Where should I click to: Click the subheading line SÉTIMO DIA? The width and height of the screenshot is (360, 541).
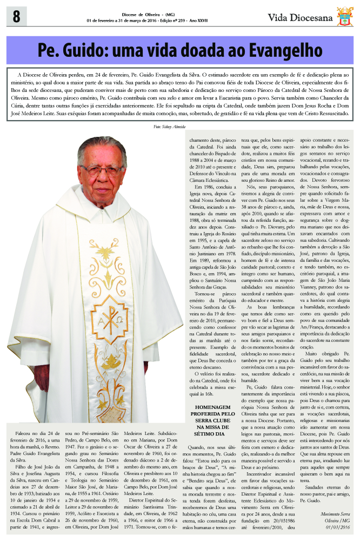pyautogui.click(x=211, y=448)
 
